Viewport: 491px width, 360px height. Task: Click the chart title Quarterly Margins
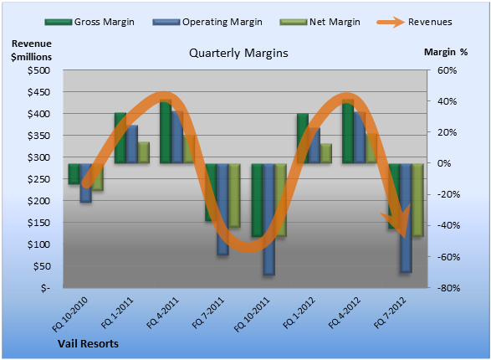click(x=238, y=54)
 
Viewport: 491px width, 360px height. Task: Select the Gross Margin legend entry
click(x=90, y=22)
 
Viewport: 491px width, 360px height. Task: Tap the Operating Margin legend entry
click(x=207, y=22)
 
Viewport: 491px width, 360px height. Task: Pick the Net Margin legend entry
click(x=320, y=22)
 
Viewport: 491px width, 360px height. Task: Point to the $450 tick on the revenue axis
click(x=38, y=92)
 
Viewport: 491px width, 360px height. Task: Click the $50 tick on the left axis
click(x=42, y=266)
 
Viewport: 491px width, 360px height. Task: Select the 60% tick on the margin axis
click(x=447, y=70)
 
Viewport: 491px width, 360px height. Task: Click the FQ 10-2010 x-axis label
click(x=69, y=314)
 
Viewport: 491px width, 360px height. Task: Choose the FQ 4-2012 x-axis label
click(x=345, y=313)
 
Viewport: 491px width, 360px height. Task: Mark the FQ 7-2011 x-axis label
click(x=208, y=313)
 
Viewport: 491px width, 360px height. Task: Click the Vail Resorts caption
click(x=88, y=344)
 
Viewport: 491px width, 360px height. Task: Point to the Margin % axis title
click(x=446, y=52)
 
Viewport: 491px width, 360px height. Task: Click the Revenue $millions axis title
click(x=31, y=50)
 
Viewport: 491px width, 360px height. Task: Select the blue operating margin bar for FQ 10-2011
click(x=269, y=219)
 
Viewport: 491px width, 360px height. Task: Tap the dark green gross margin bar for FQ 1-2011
click(x=120, y=138)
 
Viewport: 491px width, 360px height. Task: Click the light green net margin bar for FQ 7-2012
click(x=417, y=200)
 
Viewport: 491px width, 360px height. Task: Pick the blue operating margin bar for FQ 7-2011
click(x=222, y=209)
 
